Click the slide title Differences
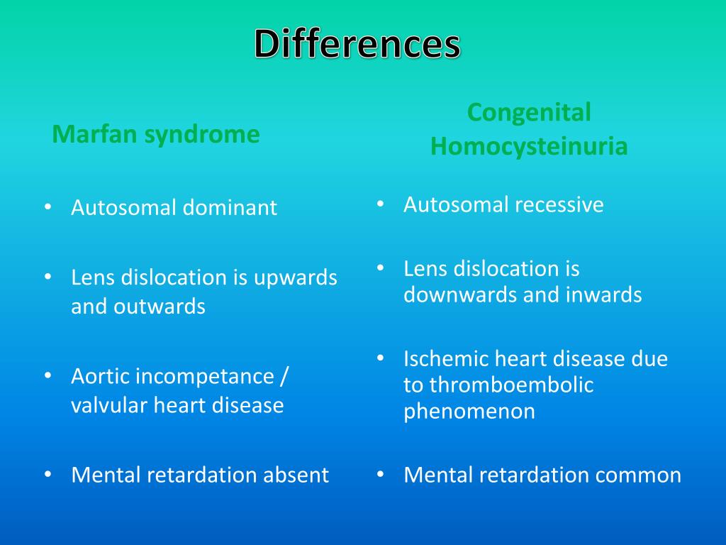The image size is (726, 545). [357, 44]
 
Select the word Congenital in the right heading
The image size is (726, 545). [529, 112]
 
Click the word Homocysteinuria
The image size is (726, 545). [529, 146]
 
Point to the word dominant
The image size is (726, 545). [230, 208]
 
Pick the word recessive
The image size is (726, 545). [559, 205]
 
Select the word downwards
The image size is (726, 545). [461, 294]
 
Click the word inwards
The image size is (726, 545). [607, 294]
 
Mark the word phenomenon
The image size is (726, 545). [469, 412]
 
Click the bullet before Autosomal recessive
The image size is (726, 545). [381, 204]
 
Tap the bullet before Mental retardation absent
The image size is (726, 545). [48, 474]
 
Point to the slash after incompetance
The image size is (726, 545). [284, 376]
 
